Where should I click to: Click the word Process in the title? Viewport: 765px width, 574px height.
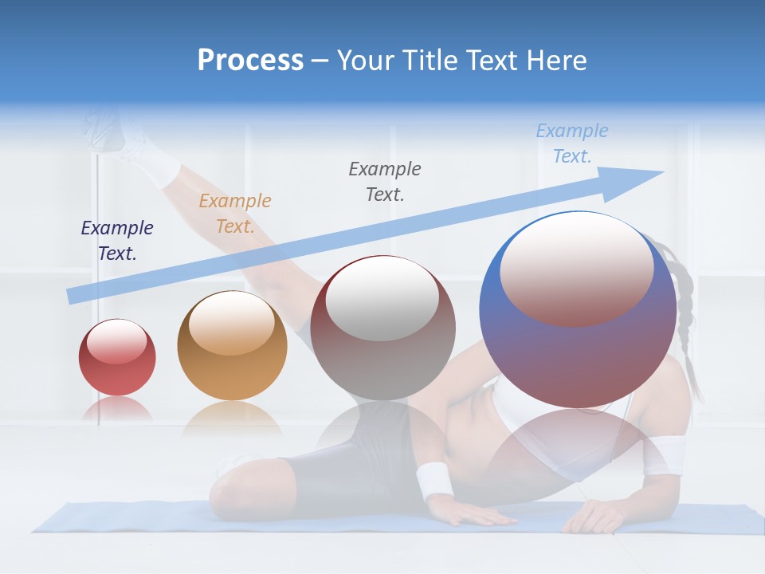pyautogui.click(x=250, y=61)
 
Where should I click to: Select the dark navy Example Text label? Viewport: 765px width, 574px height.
pyautogui.click(x=117, y=241)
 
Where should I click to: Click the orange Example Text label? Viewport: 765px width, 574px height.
pyautogui.click(x=234, y=214)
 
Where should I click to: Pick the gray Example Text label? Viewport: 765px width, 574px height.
pyautogui.click(x=385, y=182)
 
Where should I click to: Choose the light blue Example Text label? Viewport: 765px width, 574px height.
pyautogui.click(x=571, y=143)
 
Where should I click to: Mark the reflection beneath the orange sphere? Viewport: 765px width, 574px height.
pyautogui.click(x=232, y=419)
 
